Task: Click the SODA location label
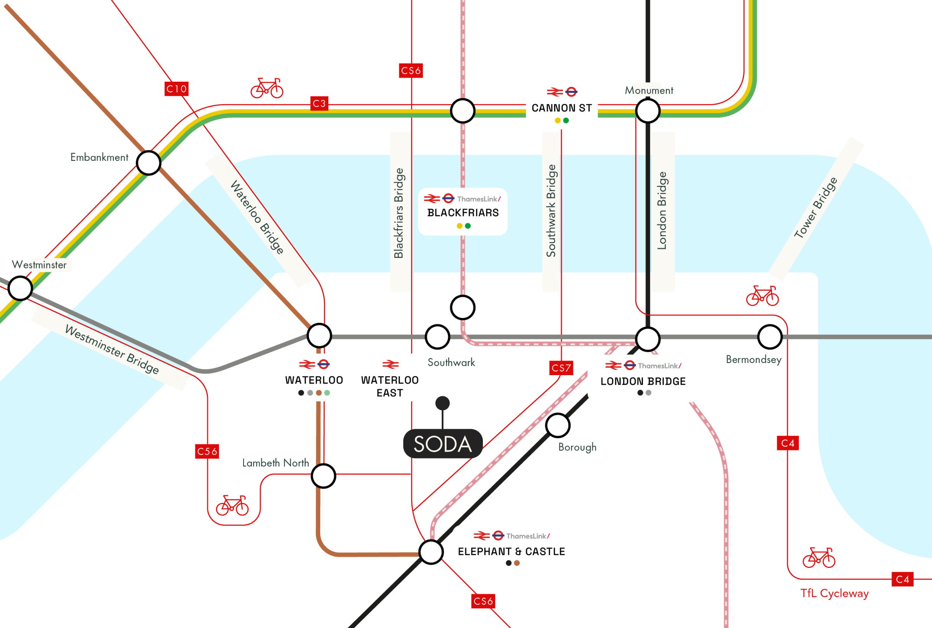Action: [442, 444]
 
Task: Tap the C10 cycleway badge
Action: [177, 89]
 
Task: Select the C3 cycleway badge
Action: [319, 104]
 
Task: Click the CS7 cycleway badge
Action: [561, 368]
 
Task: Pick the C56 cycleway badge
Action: [207, 452]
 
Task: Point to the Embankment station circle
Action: [148, 163]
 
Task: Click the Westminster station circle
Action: [20, 288]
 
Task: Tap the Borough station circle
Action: [557, 425]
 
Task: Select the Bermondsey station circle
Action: [770, 337]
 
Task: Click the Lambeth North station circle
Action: [323, 476]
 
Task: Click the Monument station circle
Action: [647, 111]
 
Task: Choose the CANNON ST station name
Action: [562, 108]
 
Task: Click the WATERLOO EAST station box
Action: [390, 378]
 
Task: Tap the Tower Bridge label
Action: [816, 207]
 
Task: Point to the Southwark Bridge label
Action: [551, 211]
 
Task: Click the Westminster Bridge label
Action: [112, 349]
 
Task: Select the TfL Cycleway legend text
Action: [834, 593]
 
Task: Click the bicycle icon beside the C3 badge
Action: [267, 88]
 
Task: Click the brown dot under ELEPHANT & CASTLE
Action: [517, 563]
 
